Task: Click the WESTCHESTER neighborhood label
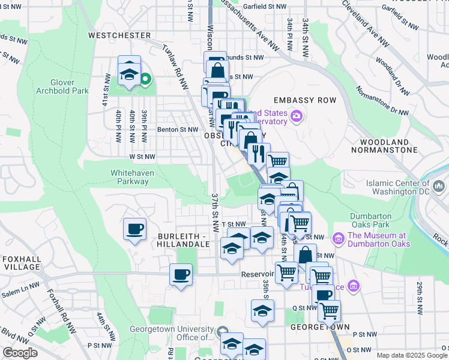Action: point(119,35)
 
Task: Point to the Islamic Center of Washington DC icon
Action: point(439,188)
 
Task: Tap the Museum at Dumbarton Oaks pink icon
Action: point(339,239)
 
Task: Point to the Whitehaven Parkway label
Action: point(128,176)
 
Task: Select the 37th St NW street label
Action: point(215,213)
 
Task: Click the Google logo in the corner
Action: point(20,353)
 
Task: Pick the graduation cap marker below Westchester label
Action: point(129,74)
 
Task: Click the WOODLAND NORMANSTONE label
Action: point(388,146)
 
